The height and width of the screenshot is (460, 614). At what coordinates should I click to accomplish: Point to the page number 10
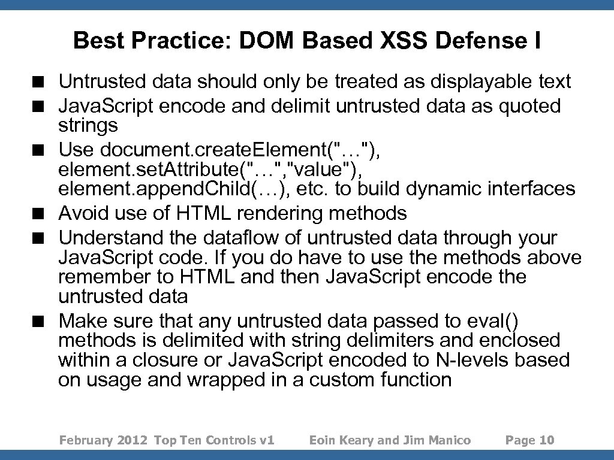[547, 440]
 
